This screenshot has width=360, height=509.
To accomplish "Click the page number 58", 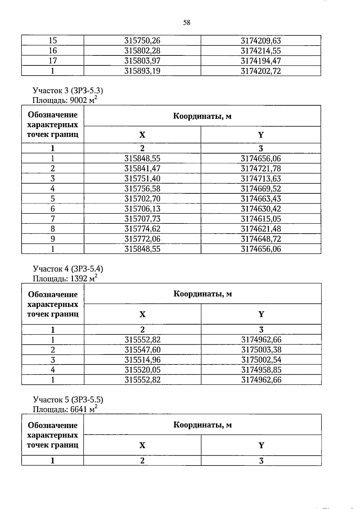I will click(x=187, y=23).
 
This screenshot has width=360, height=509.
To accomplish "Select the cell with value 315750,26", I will click(x=142, y=40).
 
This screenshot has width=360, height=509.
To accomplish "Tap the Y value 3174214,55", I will click(x=261, y=51).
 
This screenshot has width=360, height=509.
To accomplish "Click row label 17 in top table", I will click(x=53, y=61).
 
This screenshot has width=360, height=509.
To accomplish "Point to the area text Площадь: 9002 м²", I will click(x=65, y=100).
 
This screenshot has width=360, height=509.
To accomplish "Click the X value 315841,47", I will click(x=142, y=169).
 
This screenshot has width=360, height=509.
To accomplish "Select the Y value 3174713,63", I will click(x=261, y=179).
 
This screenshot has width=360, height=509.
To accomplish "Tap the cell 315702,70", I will click(x=142, y=199).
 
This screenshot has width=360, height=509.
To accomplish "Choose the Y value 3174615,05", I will click(x=261, y=219).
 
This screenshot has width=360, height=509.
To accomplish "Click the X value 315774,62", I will click(x=142, y=229).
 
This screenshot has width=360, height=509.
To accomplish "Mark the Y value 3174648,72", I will click(x=261, y=239).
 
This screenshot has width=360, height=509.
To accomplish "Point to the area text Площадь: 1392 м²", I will click(x=65, y=278).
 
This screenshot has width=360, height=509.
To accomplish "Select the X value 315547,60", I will click(x=142, y=350).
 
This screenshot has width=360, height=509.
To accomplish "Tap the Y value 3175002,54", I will click(x=261, y=360).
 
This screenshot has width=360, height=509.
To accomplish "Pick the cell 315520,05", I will click(x=142, y=370).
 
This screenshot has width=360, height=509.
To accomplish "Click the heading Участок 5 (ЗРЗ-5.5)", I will click(x=68, y=400).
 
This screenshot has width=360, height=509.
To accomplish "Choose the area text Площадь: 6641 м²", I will click(x=65, y=409).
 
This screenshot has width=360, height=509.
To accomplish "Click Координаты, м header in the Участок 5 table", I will click(x=202, y=425).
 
